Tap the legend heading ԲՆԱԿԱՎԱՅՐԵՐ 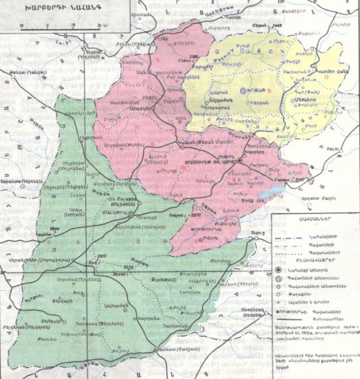click(313, 261)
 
